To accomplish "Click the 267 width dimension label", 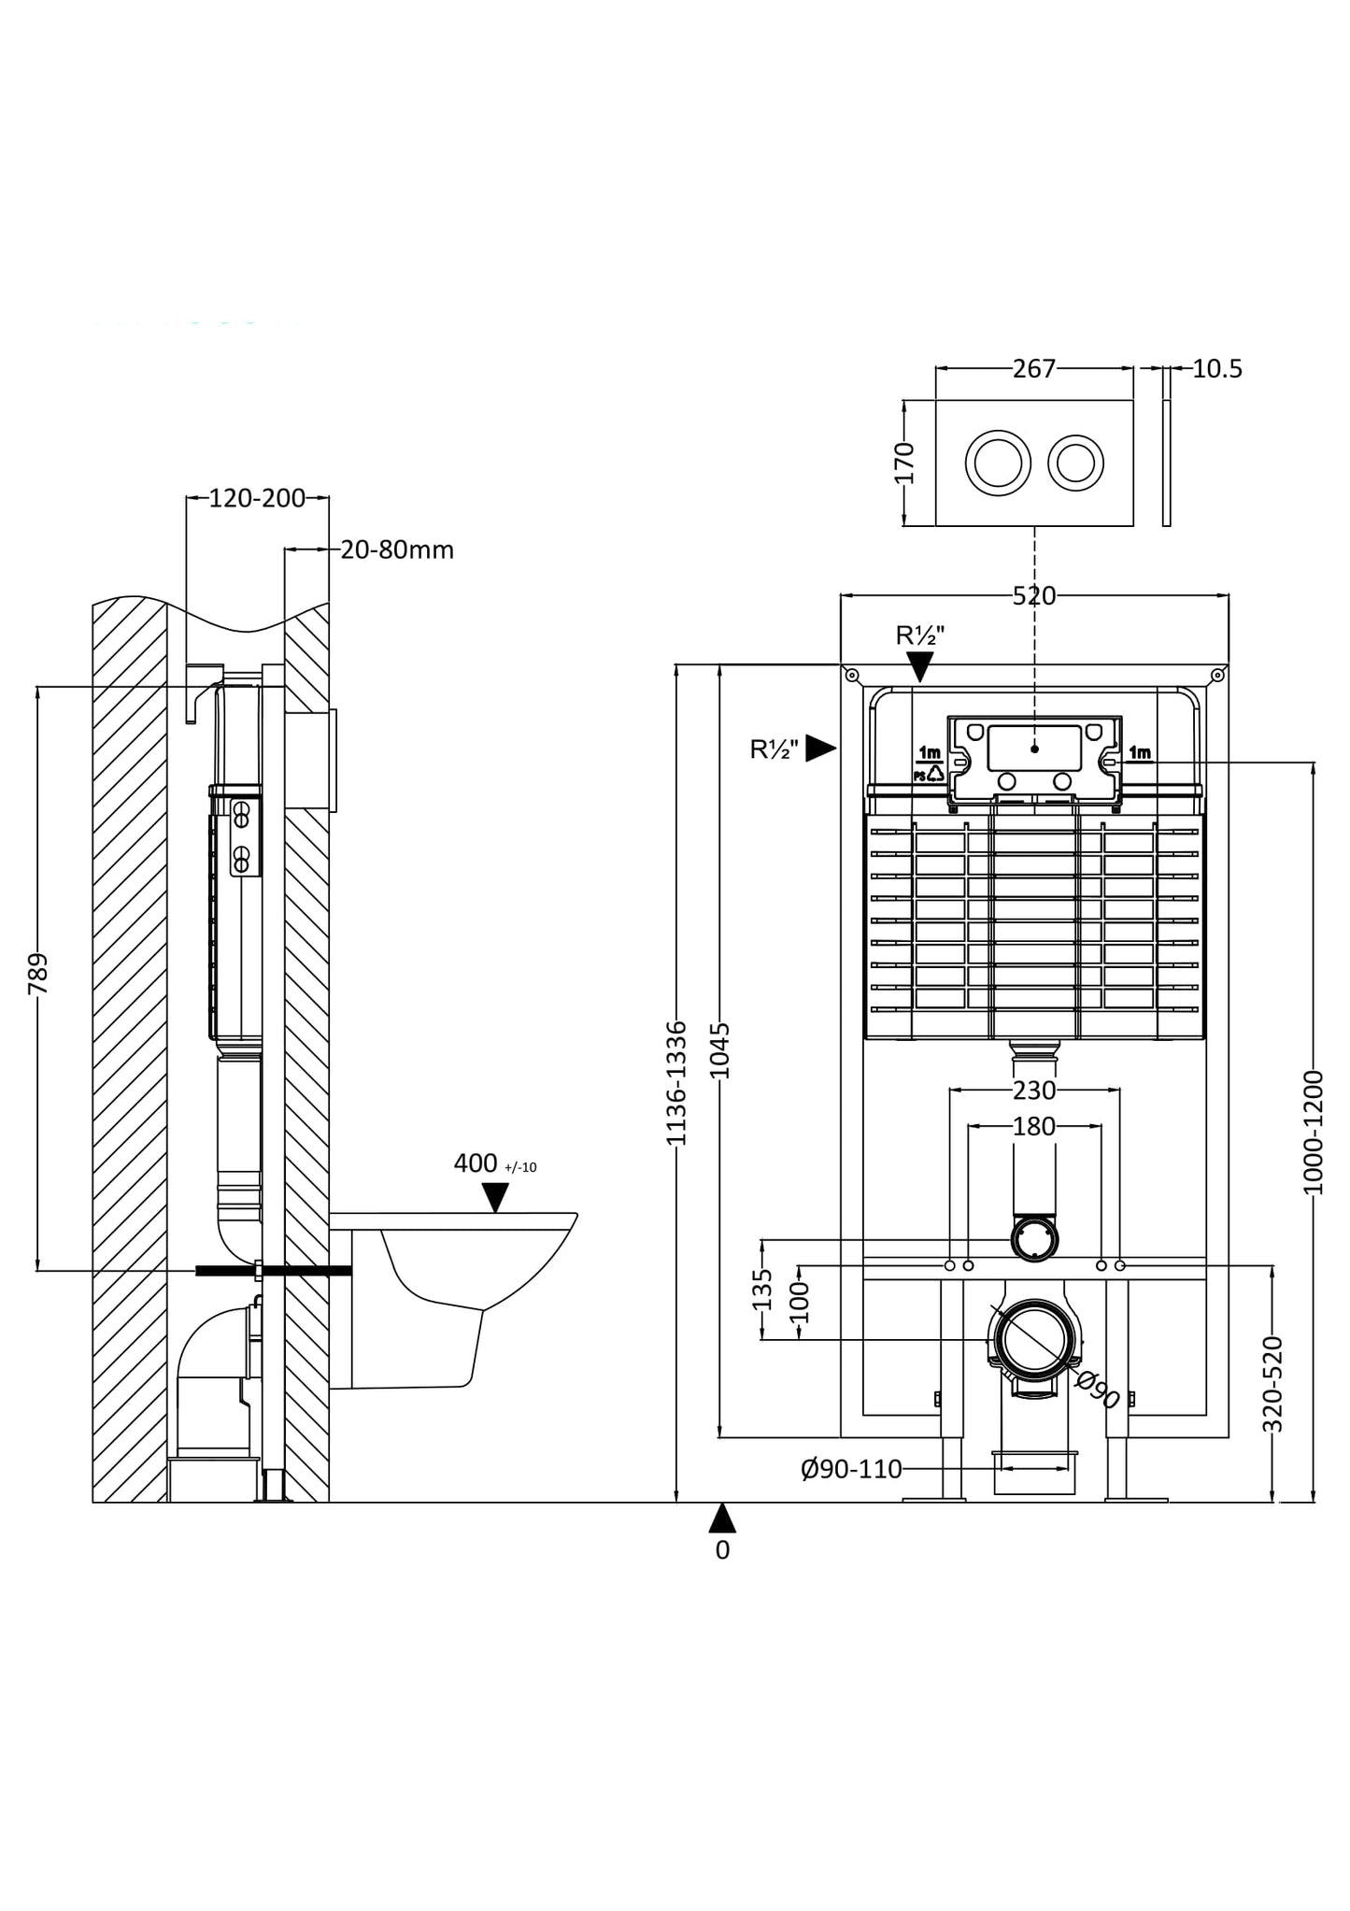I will (1033, 369).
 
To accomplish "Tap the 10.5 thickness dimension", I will (1217, 369).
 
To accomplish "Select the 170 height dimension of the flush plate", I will (904, 463).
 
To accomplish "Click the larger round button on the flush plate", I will (998, 463).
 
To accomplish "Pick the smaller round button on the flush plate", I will (1075, 463).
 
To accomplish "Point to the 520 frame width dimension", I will (1033, 596).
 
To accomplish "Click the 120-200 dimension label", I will (257, 498).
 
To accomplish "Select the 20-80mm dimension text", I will (397, 550).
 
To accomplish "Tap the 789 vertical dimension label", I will (38, 975).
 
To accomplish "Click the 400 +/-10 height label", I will (493, 1164).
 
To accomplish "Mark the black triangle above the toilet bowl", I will (495, 1196).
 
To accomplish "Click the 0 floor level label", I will (722, 1550).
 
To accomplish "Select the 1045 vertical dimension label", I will (720, 1050).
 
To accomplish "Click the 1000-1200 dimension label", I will (1314, 1133).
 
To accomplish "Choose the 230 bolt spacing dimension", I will (1033, 1091).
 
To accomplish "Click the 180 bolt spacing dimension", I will (1033, 1127).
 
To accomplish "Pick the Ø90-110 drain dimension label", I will (851, 1470).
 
